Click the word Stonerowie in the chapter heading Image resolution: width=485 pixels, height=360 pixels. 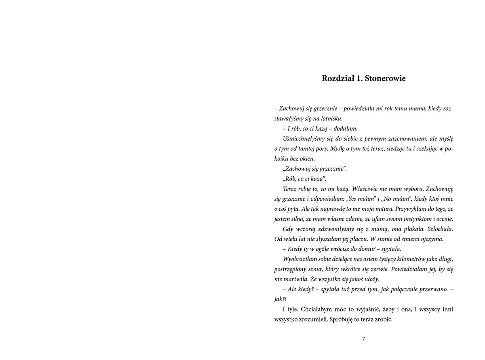pyautogui.click(x=385, y=78)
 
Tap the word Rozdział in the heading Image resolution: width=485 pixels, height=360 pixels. pyautogui.click(x=337, y=78)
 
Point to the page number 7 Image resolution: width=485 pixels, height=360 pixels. pyautogui.click(x=364, y=339)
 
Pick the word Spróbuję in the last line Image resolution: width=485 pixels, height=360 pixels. pyautogui.click(x=344, y=320)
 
